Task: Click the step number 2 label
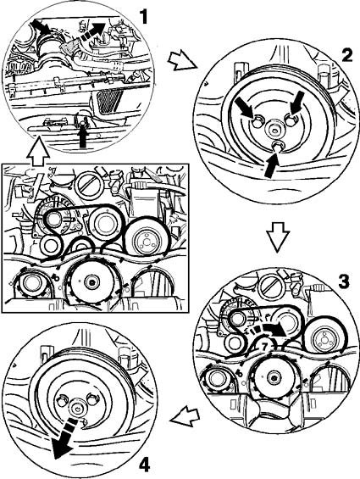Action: pyautogui.click(x=346, y=56)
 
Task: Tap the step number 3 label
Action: pyautogui.click(x=344, y=281)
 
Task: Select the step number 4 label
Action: pyautogui.click(x=145, y=465)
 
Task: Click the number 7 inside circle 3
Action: pyautogui.click(x=264, y=346)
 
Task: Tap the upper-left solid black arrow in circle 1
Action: pyautogui.click(x=41, y=25)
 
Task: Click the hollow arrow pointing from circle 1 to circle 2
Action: pyautogui.click(x=181, y=60)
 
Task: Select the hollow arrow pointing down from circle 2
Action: pyautogui.click(x=278, y=237)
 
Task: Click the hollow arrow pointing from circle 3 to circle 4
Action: pyautogui.click(x=185, y=415)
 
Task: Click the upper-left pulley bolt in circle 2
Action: pyautogui.click(x=258, y=121)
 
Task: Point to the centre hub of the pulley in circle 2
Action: pyautogui.click(x=274, y=131)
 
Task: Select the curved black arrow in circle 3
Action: pyautogui.click(x=270, y=330)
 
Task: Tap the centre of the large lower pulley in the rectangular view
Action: pyautogui.click(x=91, y=281)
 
